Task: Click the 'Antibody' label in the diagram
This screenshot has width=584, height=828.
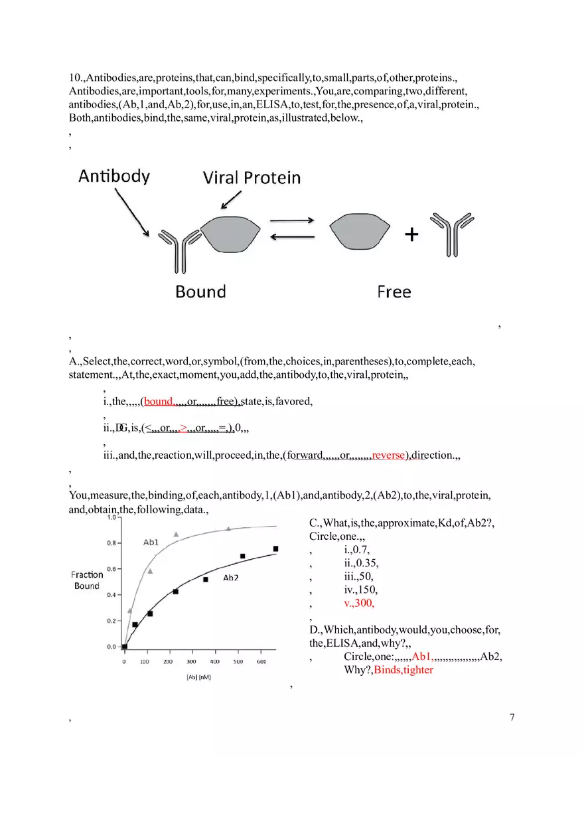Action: (114, 176)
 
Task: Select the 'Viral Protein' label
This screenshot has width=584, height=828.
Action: (252, 178)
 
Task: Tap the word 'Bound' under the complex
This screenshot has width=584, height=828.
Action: (200, 291)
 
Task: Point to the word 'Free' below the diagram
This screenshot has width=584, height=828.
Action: (394, 292)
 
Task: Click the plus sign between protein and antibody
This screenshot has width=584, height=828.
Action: (412, 234)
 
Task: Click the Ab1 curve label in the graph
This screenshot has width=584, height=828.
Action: (151, 542)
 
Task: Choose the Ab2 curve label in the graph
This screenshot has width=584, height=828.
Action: (230, 578)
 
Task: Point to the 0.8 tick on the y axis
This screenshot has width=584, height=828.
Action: (111, 542)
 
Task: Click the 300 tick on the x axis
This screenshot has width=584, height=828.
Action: (192, 662)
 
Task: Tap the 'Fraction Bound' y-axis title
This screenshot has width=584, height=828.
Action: (87, 580)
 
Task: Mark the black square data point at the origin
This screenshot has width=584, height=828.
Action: (124, 646)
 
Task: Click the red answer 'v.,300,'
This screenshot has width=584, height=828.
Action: (359, 603)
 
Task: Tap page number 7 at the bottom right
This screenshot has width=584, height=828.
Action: (512, 716)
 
